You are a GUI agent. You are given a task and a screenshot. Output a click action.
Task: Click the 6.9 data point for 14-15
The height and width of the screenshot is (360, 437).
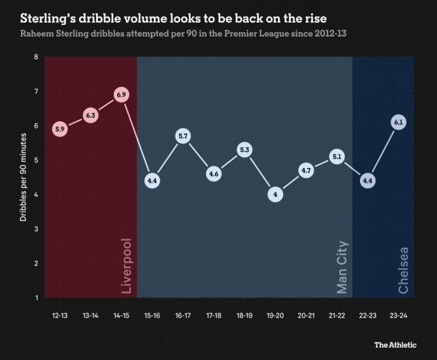(121, 94)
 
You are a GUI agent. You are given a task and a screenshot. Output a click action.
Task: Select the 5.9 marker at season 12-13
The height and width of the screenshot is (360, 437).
(60, 129)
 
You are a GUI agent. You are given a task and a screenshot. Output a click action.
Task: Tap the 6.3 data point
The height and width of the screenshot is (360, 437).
(91, 115)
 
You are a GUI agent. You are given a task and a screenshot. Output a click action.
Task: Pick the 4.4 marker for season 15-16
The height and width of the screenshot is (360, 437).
(152, 181)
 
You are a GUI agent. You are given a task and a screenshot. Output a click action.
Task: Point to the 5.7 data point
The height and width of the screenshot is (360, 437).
(183, 136)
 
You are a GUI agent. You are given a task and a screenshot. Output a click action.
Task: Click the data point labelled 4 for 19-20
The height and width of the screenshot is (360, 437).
(275, 195)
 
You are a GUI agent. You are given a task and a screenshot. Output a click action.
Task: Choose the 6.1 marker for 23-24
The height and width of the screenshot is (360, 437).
(399, 122)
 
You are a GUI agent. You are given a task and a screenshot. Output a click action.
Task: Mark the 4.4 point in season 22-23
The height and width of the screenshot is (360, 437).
(368, 181)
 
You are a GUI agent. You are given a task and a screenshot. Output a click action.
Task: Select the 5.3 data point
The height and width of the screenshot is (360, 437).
(244, 150)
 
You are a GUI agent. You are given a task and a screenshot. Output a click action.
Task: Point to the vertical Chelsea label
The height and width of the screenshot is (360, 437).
(403, 270)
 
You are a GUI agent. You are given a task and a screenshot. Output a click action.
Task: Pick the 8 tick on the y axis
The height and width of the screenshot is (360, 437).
(36, 57)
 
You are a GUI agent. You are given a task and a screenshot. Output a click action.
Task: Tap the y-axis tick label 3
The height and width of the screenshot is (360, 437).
(36, 229)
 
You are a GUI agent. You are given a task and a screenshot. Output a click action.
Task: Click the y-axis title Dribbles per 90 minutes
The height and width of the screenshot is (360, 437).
(23, 178)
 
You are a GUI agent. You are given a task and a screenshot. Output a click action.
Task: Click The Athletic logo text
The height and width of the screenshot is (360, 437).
(395, 345)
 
